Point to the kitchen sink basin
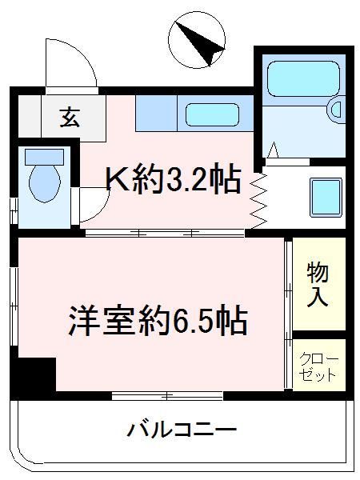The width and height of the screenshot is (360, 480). (213, 114)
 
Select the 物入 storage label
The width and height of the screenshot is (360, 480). (318, 284)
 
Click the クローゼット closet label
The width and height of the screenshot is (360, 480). (318, 366)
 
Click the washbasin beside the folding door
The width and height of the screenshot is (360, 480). (326, 194)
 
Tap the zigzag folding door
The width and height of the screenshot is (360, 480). (258, 200)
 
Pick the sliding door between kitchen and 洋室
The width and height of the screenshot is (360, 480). (164, 233)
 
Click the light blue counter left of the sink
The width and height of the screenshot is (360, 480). (155, 114)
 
